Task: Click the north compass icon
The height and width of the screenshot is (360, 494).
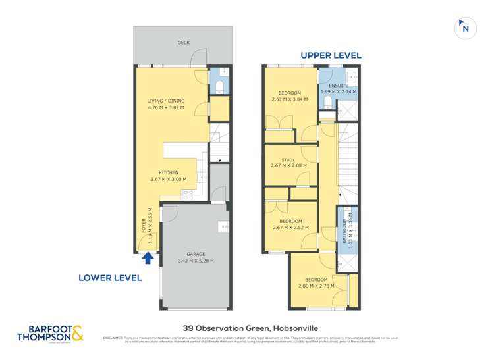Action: [x=465, y=28]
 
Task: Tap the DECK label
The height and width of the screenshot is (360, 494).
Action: [x=183, y=43]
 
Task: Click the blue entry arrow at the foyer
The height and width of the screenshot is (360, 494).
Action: [x=148, y=258]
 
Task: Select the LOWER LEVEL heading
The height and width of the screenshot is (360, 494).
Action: [x=110, y=278]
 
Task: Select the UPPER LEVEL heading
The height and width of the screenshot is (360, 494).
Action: [x=331, y=55]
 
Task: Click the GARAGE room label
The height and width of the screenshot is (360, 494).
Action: [x=196, y=254]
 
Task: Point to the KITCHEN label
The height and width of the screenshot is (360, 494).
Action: [x=169, y=172]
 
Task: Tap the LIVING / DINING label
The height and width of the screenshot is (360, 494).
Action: [x=166, y=101]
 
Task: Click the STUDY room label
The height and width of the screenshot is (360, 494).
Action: [x=288, y=159]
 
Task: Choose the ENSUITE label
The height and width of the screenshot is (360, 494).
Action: [x=339, y=85]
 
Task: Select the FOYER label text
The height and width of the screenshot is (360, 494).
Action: [x=144, y=226]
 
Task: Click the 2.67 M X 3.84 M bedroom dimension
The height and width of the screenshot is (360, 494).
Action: [x=290, y=100]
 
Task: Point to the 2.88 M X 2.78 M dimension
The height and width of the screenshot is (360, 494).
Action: [x=316, y=286]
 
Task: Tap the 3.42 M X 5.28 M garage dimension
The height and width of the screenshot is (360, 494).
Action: [x=196, y=261]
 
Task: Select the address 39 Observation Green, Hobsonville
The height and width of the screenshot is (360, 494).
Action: [x=246, y=326]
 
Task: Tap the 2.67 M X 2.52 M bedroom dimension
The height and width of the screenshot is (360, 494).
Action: [x=290, y=228]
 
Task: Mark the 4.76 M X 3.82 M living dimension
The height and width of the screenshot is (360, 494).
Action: [x=166, y=108]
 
